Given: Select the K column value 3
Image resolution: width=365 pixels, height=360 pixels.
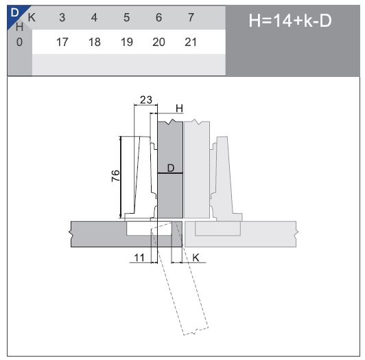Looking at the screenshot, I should point(62,16).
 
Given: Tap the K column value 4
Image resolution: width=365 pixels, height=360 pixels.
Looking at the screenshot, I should point(94,16).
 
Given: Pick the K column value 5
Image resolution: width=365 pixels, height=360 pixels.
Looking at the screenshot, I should point(126,16).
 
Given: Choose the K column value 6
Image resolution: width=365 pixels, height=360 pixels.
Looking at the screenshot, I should point(158,16).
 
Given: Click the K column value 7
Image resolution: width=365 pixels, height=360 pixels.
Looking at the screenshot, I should point(191,16).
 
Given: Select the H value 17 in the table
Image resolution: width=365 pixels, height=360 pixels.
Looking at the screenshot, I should point(62,42).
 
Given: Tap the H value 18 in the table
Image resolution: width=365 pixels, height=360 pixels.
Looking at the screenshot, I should point(94,42).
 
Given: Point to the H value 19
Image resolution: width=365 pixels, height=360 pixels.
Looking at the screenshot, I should point(126,42).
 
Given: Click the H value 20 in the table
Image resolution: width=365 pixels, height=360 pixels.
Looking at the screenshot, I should point(158,42).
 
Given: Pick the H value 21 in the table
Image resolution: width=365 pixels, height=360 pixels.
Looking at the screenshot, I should point(191,42).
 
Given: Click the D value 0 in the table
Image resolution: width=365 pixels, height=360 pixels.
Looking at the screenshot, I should point(19,42).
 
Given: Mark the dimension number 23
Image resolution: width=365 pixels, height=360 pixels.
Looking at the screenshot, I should point(145,100).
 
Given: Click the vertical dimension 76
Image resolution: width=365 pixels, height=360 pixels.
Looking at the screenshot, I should point(115,176).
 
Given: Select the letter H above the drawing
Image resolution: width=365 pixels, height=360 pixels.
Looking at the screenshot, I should point(179,108).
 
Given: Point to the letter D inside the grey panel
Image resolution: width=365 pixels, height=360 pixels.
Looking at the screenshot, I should point(171,167).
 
